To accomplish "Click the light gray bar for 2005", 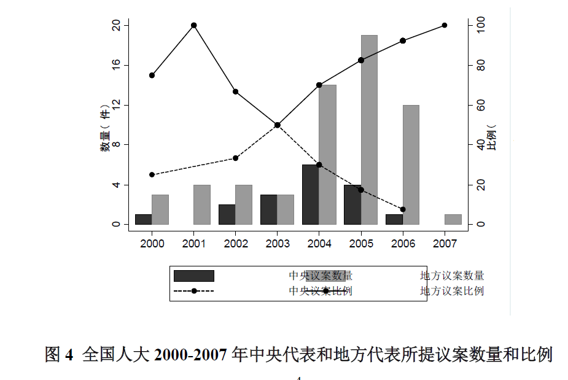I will click(x=369, y=130).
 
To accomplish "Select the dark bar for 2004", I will click(x=310, y=194).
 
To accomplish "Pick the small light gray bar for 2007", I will click(x=453, y=219).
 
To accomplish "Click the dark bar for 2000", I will click(x=143, y=219).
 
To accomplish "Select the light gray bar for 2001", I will click(x=202, y=204).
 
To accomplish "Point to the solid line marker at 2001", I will click(x=194, y=25).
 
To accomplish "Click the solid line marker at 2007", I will click(x=445, y=25).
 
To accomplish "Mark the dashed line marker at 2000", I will click(x=152, y=175).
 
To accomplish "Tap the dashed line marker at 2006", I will click(x=403, y=209).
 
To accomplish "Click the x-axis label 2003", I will click(x=278, y=244).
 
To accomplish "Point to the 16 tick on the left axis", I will click(x=116, y=65).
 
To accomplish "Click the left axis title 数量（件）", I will click(x=106, y=129).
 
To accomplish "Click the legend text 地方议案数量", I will click(x=452, y=276).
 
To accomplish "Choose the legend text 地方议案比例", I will click(x=452, y=290).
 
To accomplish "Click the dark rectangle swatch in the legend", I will click(x=194, y=276).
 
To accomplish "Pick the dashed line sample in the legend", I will click(x=194, y=290).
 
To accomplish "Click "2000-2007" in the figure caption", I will click(x=191, y=355).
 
